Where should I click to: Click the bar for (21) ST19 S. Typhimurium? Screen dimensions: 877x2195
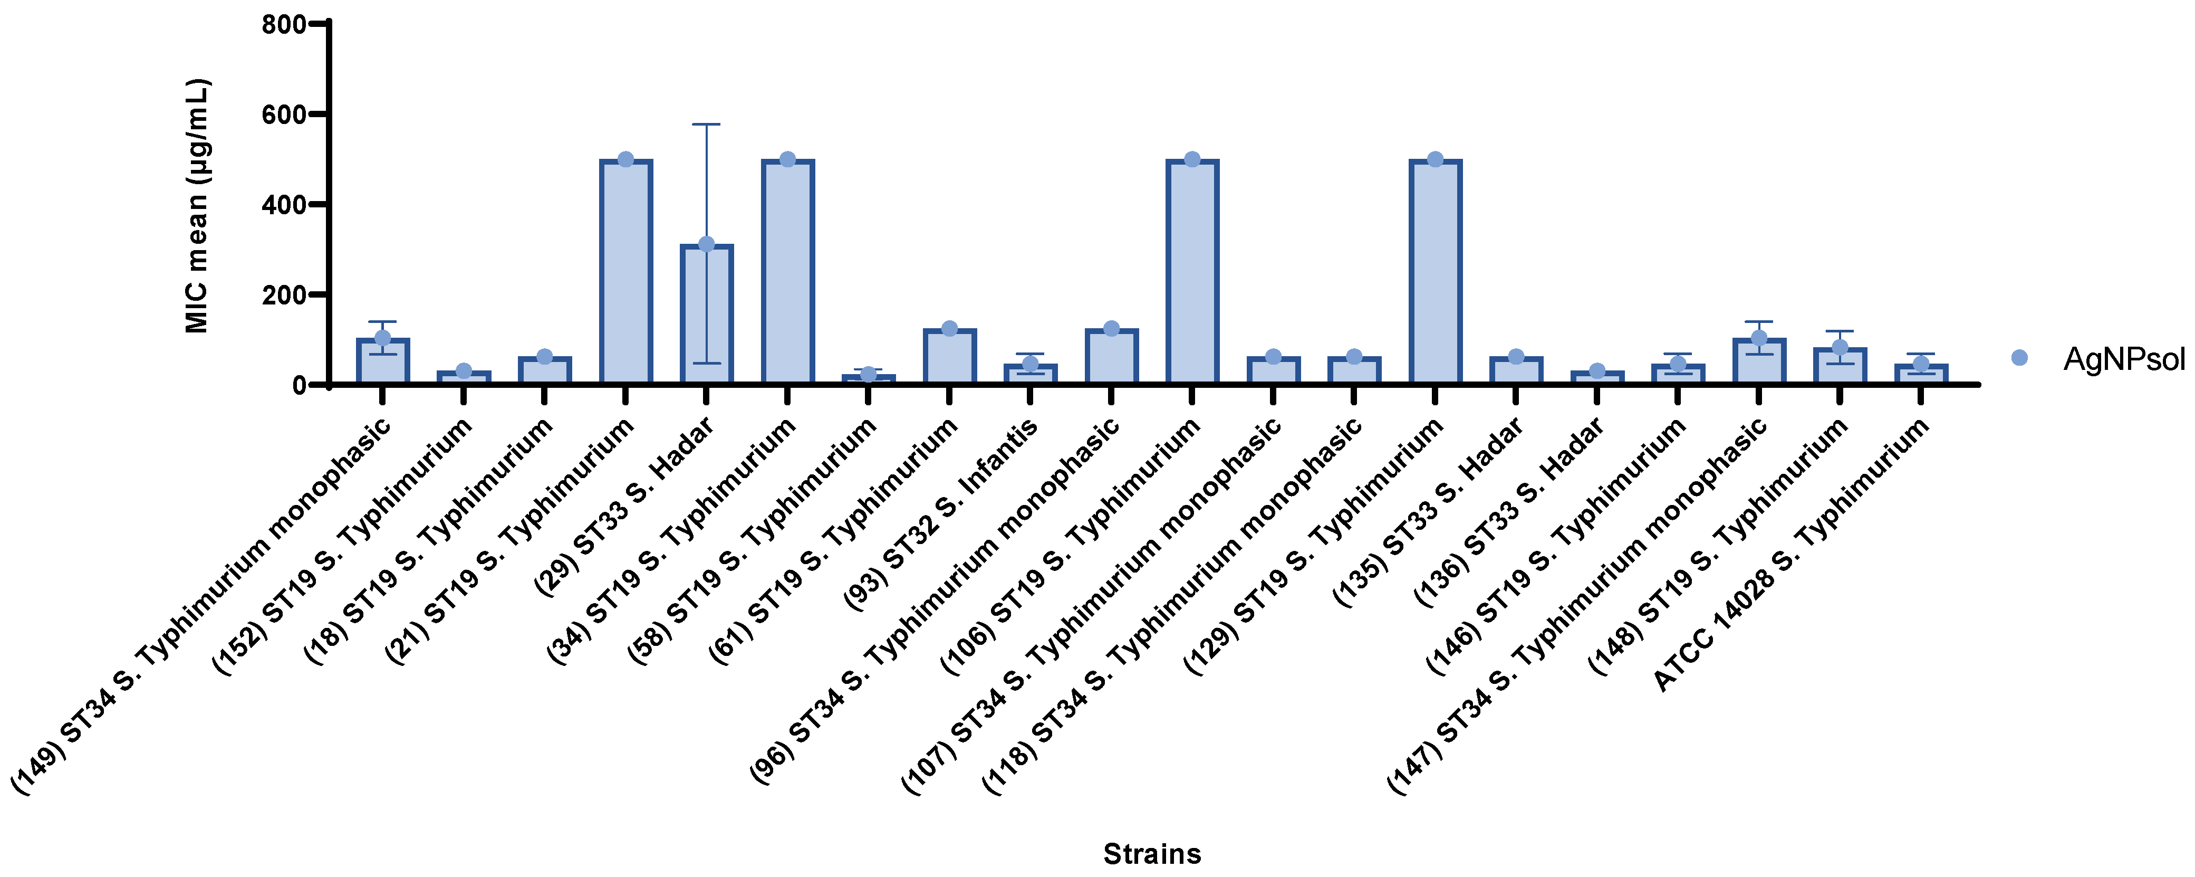(x=625, y=273)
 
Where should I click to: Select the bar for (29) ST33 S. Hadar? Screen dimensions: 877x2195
(x=706, y=316)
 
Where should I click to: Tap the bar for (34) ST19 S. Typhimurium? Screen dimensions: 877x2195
(x=787, y=273)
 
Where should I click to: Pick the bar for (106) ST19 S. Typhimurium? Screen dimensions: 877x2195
(x=1192, y=273)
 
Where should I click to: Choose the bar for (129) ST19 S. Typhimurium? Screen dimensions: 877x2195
(x=1435, y=273)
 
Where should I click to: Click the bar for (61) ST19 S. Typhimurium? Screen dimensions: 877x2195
(x=949, y=357)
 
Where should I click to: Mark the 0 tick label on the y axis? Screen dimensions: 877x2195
(x=298, y=385)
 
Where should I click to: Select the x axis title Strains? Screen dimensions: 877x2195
(x=1152, y=854)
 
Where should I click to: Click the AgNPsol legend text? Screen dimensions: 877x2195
(x=2123, y=359)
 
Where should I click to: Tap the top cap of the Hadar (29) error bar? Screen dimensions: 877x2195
(x=706, y=125)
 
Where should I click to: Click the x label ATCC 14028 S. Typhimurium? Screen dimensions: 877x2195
(x=1789, y=556)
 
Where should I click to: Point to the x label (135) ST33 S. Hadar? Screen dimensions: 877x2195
(x=1427, y=513)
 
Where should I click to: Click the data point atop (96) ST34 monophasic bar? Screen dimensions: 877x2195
(x=1111, y=329)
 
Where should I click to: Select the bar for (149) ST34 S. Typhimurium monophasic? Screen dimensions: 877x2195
(x=382, y=362)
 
